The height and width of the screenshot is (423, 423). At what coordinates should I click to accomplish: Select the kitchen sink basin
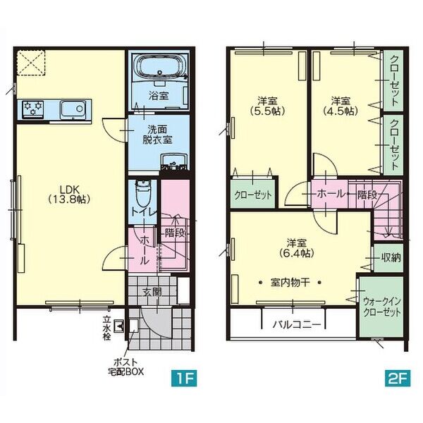point(73,109)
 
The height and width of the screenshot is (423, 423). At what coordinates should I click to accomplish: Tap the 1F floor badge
point(184,378)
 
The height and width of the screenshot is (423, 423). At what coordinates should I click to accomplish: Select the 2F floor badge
point(398,378)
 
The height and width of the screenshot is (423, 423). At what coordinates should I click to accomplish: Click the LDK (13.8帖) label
point(69,194)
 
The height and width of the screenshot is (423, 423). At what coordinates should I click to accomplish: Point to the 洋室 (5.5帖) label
point(267,106)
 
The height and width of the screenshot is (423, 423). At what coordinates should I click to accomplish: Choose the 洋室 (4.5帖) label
point(341,106)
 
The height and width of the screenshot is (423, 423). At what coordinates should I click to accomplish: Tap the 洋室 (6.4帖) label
point(297,248)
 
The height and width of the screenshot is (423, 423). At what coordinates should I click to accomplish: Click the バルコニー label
point(297,324)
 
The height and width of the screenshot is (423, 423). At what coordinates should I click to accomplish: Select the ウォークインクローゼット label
point(381,307)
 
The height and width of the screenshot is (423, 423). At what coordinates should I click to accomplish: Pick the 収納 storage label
point(391,258)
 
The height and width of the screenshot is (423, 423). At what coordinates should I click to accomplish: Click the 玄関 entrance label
point(152,292)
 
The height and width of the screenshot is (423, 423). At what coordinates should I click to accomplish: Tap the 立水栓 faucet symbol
point(118,326)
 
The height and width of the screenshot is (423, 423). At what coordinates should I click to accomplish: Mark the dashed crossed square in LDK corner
point(31,63)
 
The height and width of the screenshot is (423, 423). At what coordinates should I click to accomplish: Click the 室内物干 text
point(290,283)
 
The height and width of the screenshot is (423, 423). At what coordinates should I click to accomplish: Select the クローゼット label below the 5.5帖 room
point(253,195)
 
